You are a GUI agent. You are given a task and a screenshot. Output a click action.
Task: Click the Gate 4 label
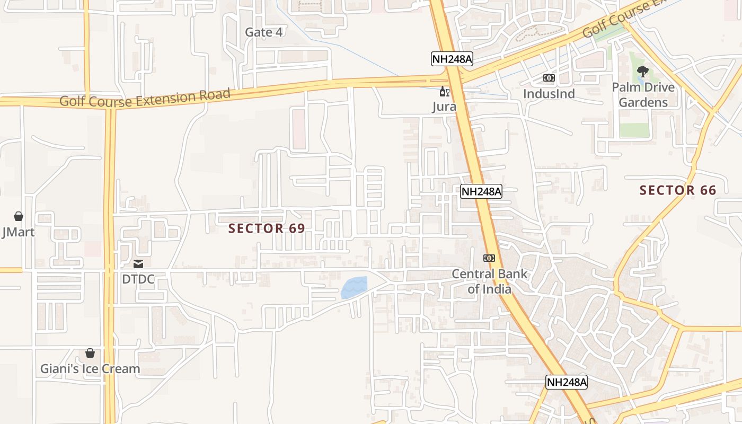[263, 32]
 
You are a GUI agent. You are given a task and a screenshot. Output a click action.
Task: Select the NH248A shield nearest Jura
[452, 59]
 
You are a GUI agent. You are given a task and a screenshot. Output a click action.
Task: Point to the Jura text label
[444, 107]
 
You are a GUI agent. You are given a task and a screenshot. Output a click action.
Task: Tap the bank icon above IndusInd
[549, 78]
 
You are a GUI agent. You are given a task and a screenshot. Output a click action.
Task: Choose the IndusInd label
[549, 94]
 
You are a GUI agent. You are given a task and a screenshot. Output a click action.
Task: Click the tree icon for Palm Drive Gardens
[643, 71]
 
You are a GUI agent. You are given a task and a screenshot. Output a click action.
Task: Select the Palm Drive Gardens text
[643, 94]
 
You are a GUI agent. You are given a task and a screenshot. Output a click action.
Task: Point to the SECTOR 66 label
[678, 190]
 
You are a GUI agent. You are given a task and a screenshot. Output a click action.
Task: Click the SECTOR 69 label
[267, 228]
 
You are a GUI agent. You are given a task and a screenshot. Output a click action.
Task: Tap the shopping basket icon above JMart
[19, 216]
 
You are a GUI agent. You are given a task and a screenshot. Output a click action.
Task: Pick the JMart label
[19, 232]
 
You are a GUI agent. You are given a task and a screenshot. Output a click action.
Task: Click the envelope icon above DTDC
[138, 263]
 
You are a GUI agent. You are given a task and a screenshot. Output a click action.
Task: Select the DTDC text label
[138, 279]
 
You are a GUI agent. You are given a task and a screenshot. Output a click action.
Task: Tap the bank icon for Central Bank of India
[489, 258]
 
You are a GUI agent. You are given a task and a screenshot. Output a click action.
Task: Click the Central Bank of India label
[489, 281]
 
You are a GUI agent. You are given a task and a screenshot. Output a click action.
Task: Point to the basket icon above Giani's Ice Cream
[90, 353]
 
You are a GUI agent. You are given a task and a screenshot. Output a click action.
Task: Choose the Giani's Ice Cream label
[90, 369]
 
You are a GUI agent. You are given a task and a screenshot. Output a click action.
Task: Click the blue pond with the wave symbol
[354, 287]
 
